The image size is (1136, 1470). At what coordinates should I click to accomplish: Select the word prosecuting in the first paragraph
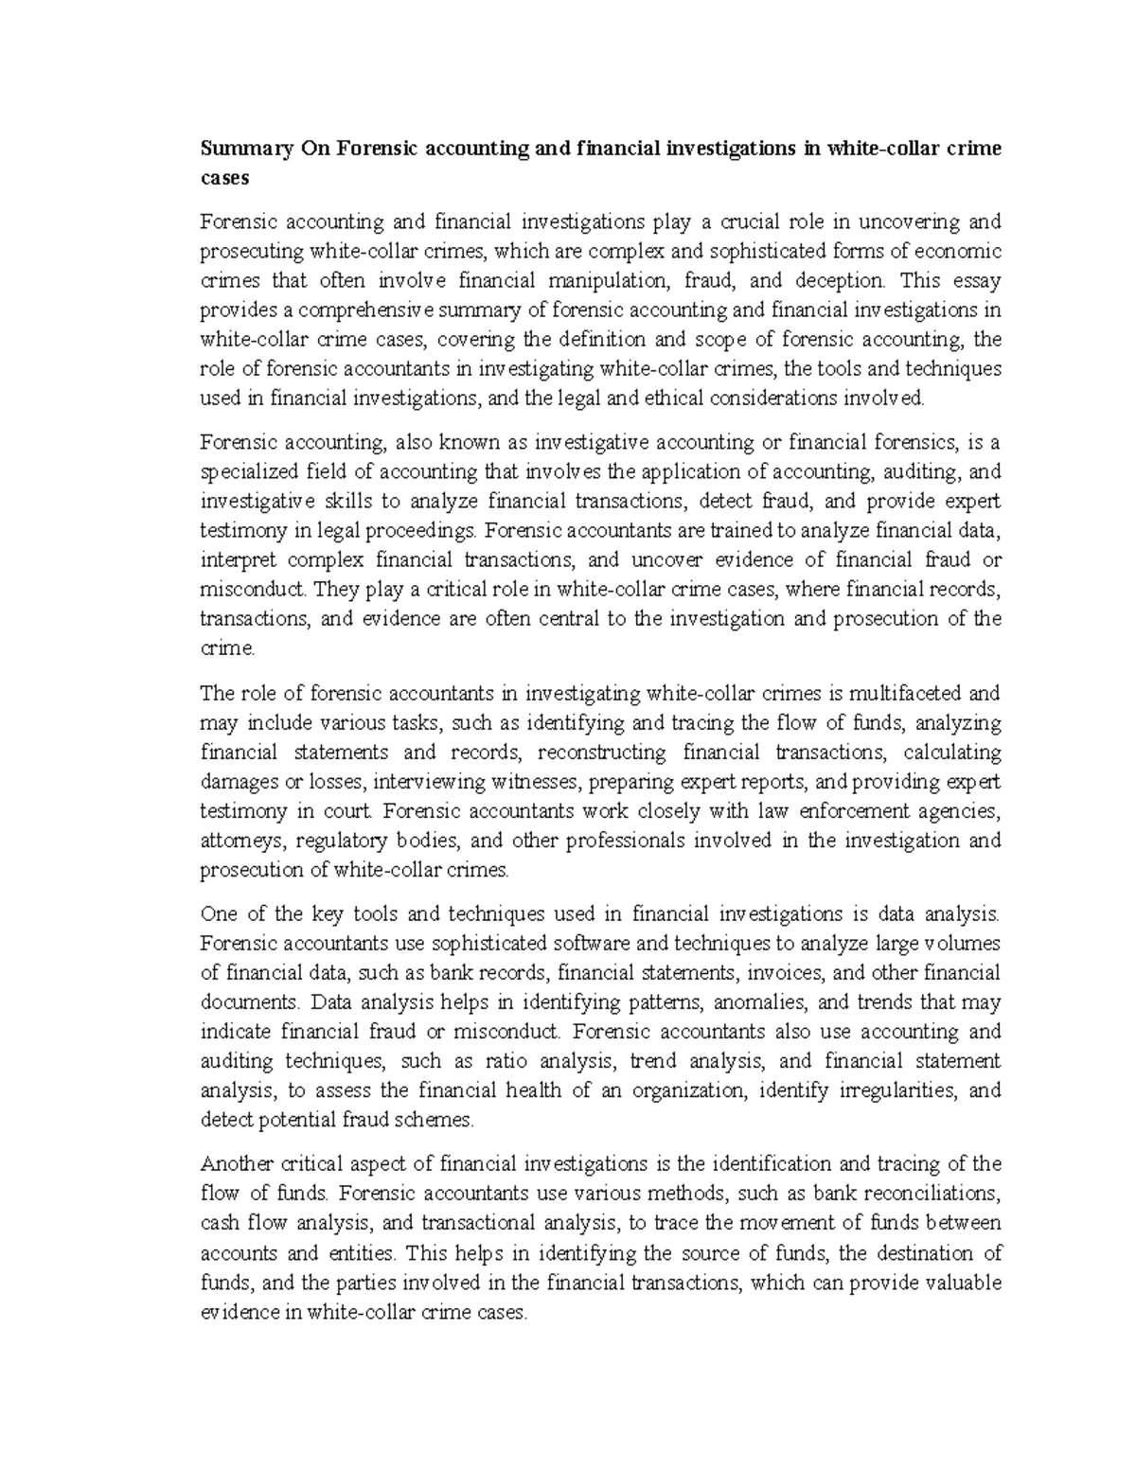pos(252,251)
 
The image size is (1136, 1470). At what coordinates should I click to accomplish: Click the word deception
pos(841,280)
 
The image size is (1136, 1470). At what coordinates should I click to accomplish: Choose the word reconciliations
pos(921,1194)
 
